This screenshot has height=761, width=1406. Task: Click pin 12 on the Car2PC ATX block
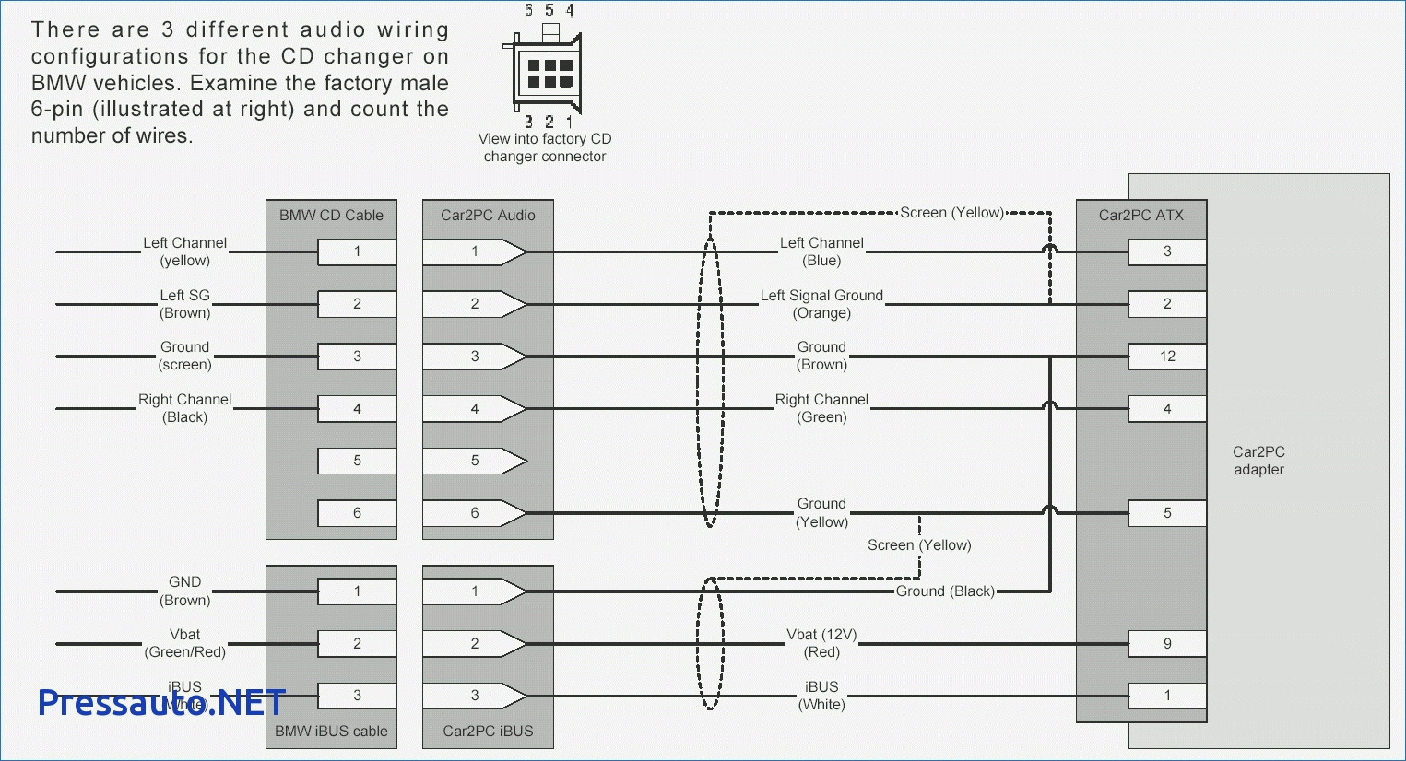pos(1167,357)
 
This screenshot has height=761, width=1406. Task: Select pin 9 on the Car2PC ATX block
pos(1167,644)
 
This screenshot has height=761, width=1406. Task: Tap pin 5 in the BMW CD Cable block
pos(357,461)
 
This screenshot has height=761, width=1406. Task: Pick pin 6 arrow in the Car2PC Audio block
pos(475,513)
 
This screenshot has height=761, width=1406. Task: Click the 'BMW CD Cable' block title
pos(331,216)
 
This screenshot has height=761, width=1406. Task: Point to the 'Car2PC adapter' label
pos(1258,461)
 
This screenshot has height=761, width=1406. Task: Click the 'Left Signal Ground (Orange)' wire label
pos(821,304)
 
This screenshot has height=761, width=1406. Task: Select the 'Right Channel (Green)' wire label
pos(821,408)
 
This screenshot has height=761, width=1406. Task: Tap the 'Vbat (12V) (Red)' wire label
pos(821,643)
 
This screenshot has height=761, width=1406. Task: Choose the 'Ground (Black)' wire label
pos(945,591)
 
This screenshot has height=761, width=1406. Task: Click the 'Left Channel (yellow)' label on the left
pos(184,252)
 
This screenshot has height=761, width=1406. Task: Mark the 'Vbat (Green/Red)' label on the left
pos(184,643)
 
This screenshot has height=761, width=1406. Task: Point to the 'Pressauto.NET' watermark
pos(161,703)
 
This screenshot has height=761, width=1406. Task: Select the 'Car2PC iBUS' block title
pos(488,732)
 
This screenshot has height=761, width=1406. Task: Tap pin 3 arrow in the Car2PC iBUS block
pos(475,696)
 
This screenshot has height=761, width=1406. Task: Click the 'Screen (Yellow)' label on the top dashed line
pos(951,213)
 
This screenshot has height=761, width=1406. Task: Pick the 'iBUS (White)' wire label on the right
pos(821,696)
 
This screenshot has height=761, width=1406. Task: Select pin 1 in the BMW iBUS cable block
pos(357,591)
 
